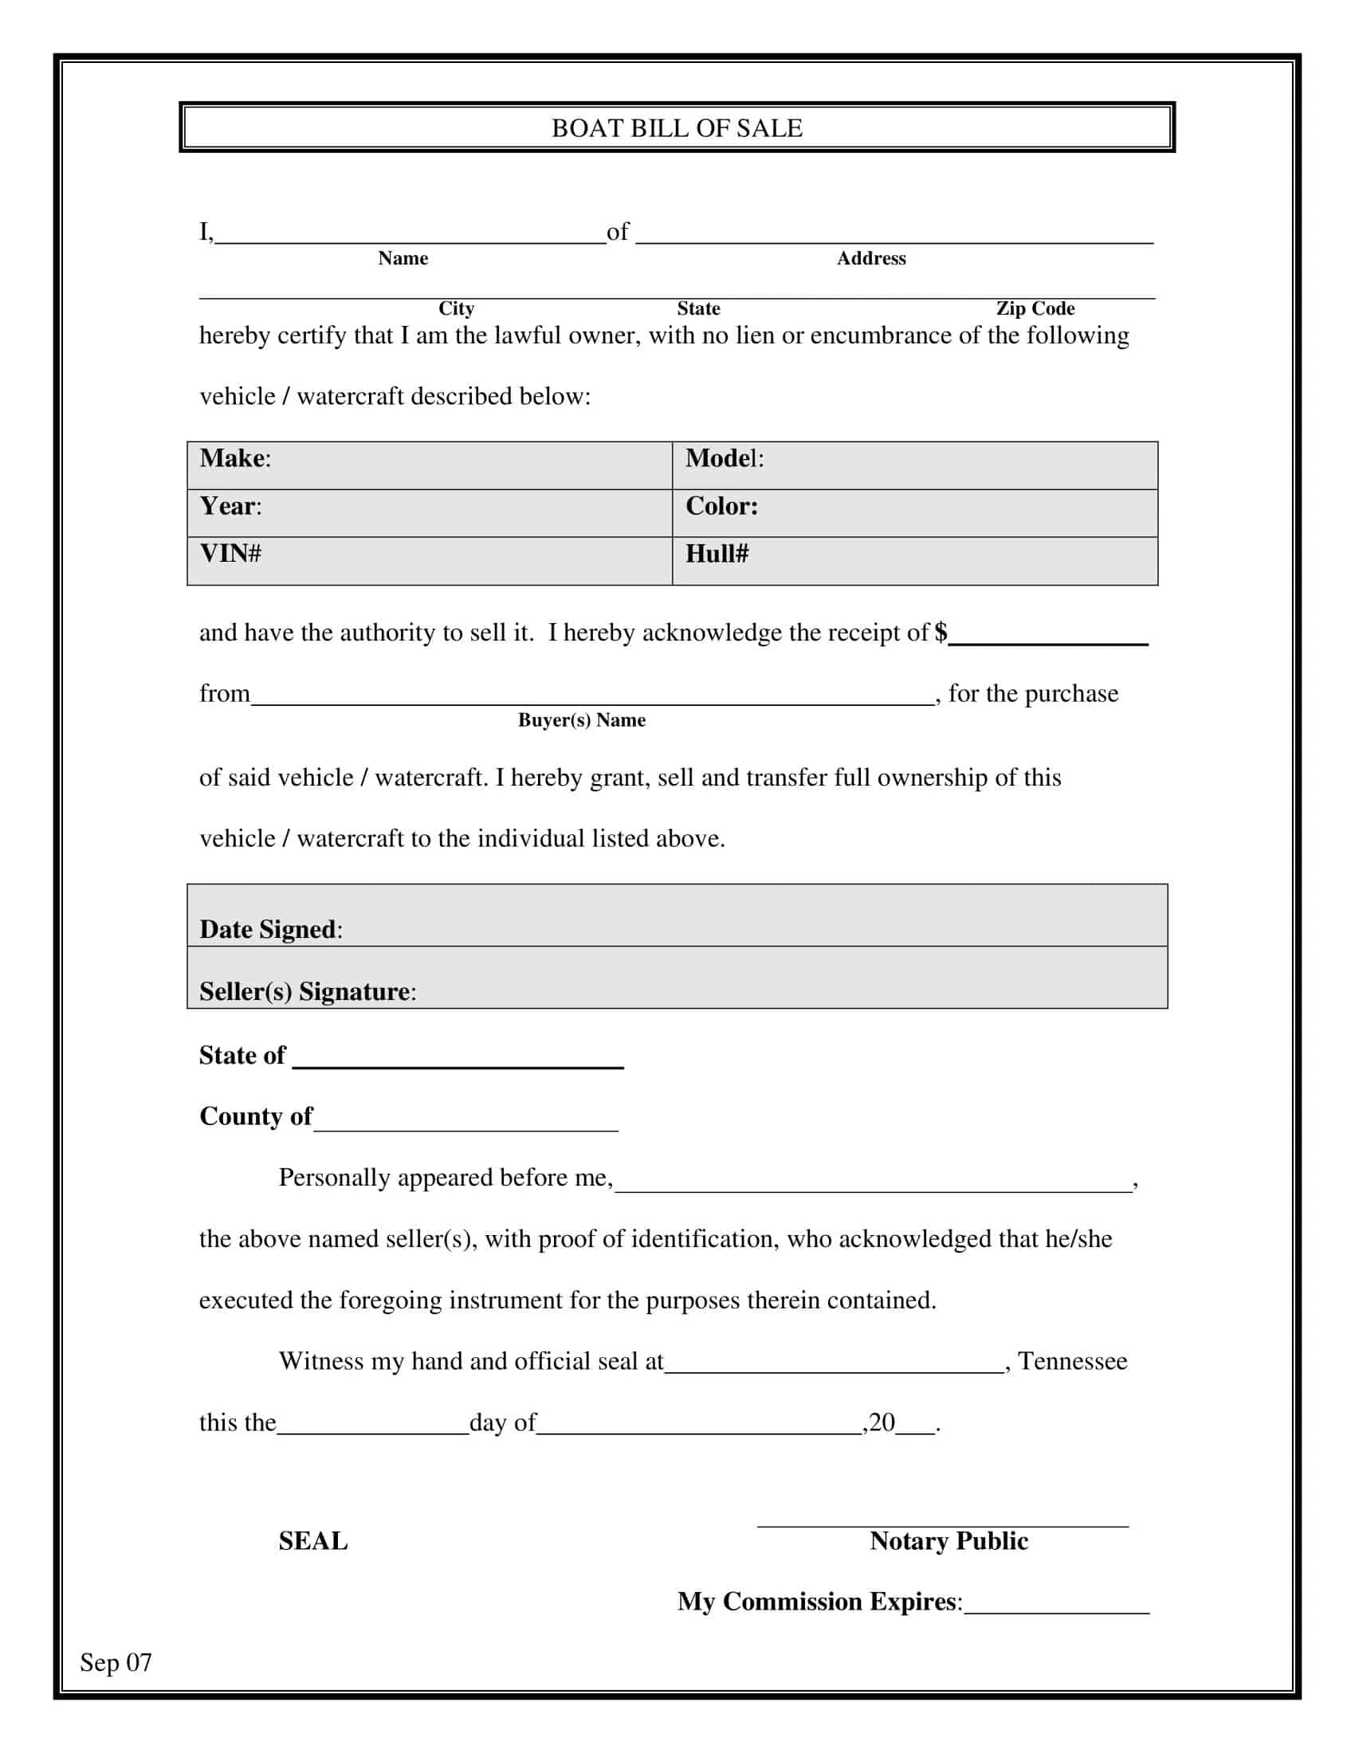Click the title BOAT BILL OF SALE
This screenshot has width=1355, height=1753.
pos(677,127)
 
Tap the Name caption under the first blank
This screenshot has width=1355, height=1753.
pos(403,258)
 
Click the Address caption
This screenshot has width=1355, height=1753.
pos(871,258)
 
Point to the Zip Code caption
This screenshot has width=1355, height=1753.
pos(1035,308)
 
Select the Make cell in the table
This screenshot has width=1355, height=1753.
pos(430,465)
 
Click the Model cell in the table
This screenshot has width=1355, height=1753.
pos(914,465)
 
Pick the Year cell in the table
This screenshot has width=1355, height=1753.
pos(430,513)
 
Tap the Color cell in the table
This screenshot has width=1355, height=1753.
pos(914,513)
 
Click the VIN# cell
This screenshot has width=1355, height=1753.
pos(430,560)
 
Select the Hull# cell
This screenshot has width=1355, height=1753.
pos(914,560)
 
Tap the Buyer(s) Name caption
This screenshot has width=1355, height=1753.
pos(581,720)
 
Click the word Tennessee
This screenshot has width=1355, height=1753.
pos(1072,1360)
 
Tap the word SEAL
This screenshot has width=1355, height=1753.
pos(313,1540)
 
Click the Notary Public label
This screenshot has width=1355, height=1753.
pos(949,1540)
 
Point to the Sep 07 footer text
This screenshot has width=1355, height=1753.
pos(116,1661)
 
